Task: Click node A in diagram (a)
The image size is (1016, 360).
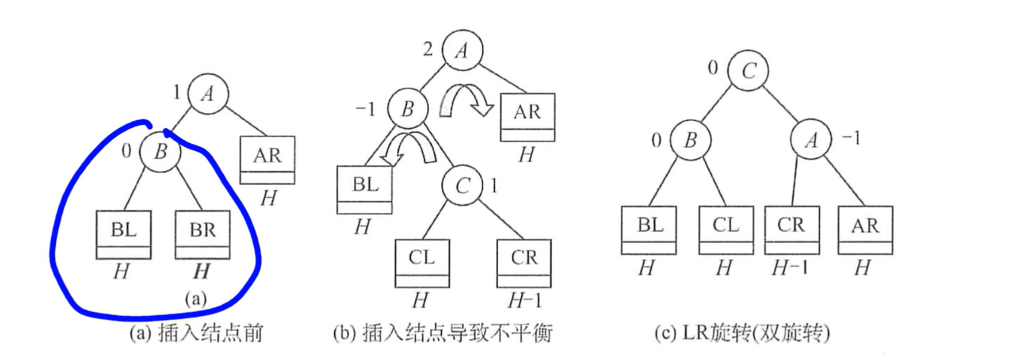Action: tap(208, 94)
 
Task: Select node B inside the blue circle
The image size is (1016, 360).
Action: tap(161, 151)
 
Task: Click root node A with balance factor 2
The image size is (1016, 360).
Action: tap(462, 51)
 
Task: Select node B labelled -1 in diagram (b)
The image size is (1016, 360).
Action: tap(407, 108)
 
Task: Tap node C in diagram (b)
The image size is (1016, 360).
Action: tap(463, 185)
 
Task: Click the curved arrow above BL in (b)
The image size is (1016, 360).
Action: tap(410, 148)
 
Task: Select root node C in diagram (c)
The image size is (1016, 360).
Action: tap(748, 70)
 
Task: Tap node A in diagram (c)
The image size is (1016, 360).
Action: tap(811, 139)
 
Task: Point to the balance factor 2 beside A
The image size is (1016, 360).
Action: tap(427, 49)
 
